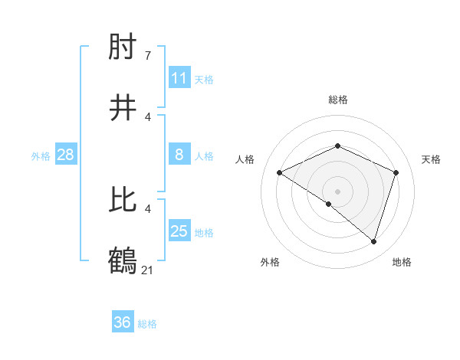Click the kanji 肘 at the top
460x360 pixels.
point(123,47)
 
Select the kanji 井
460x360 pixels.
point(123,108)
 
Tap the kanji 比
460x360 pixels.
point(123,200)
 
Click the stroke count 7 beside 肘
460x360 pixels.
point(148,56)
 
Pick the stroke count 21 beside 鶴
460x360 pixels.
point(148,270)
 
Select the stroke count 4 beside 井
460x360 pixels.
point(148,116)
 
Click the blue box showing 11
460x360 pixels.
point(179,78)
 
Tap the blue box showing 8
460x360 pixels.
point(179,155)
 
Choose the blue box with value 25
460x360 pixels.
point(179,231)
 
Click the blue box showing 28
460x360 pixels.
point(65,155)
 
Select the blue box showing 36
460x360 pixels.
point(123,322)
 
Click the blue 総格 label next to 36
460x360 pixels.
point(147,324)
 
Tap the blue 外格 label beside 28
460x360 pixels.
point(41,156)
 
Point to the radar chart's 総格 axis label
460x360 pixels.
point(338,100)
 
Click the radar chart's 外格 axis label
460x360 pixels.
point(270,262)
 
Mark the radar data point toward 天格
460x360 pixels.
point(396,172)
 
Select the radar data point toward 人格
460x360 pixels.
point(280,172)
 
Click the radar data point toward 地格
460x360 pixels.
point(374,241)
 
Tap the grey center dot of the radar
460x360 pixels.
point(338,191)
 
